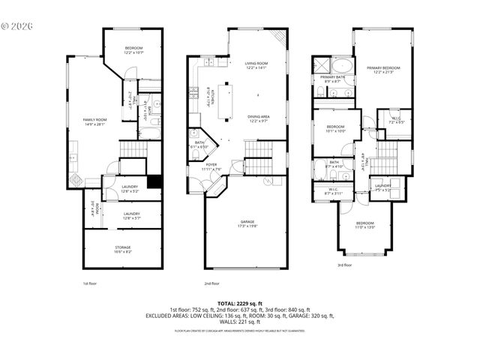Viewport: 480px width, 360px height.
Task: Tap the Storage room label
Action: click(122, 250)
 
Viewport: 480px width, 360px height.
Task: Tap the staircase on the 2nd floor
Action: click(258, 158)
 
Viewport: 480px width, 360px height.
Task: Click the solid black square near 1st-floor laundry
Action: click(154, 181)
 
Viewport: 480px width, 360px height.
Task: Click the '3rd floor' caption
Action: click(345, 265)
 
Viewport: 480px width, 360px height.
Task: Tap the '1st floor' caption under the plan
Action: click(89, 283)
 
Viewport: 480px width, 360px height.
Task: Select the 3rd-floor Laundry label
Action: click(382, 187)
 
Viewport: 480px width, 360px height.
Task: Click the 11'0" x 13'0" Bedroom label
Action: click(365, 225)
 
